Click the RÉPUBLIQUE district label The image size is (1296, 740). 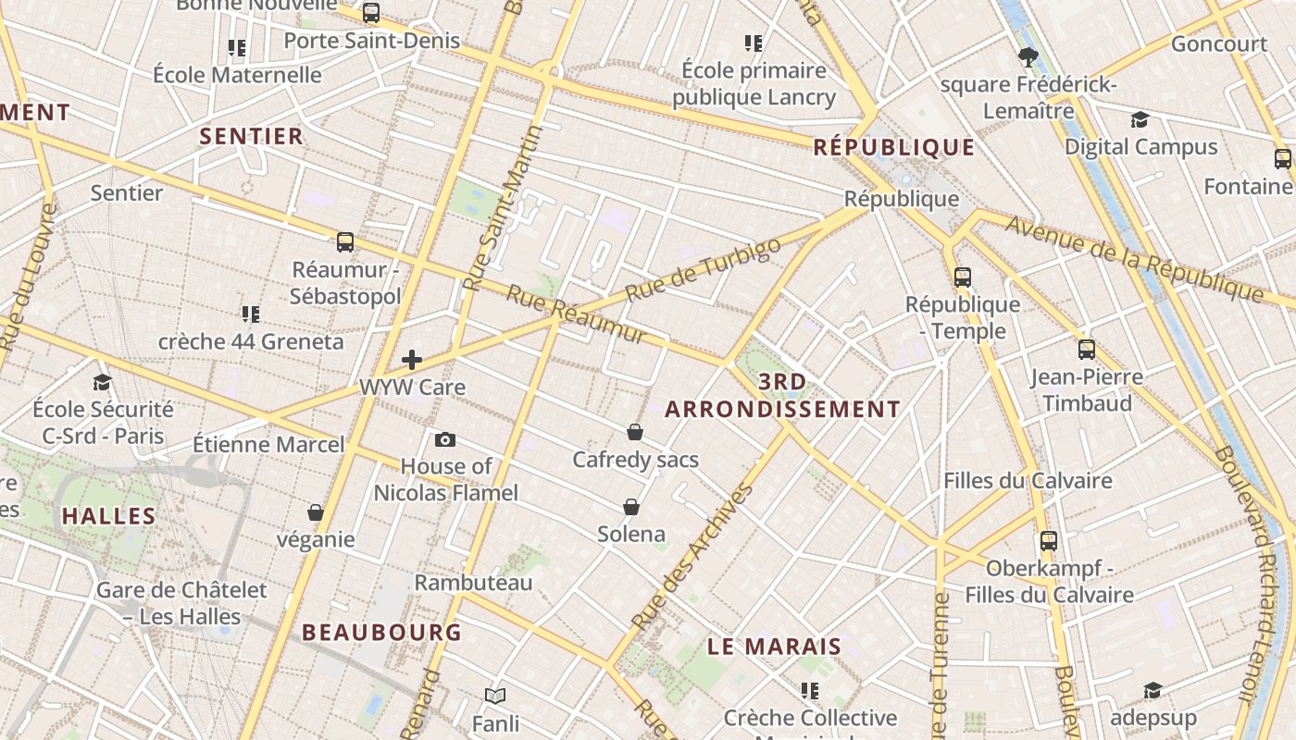tap(893, 147)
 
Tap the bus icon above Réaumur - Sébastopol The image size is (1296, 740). tap(345, 242)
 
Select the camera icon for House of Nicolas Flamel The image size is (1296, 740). tap(445, 439)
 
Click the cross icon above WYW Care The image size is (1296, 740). tap(412, 360)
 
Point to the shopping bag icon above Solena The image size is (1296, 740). tap(631, 507)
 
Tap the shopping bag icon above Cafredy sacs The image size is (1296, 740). tap(635, 432)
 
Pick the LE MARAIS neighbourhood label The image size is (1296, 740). tap(774, 647)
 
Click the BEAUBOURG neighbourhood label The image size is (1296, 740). tap(381, 633)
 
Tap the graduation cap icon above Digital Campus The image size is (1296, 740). tap(1140, 119)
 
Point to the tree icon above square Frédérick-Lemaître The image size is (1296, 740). tap(1027, 57)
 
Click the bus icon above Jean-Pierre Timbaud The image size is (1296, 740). tap(1087, 350)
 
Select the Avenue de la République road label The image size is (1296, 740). tap(1134, 259)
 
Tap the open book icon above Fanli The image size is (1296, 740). tap(495, 696)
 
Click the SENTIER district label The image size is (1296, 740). tap(252, 136)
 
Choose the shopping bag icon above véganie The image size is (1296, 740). tap(316, 512)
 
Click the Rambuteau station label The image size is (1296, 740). tap(473, 583)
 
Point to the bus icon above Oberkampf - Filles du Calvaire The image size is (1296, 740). tap(1048, 540)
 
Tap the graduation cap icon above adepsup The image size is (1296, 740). tap(1153, 691)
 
